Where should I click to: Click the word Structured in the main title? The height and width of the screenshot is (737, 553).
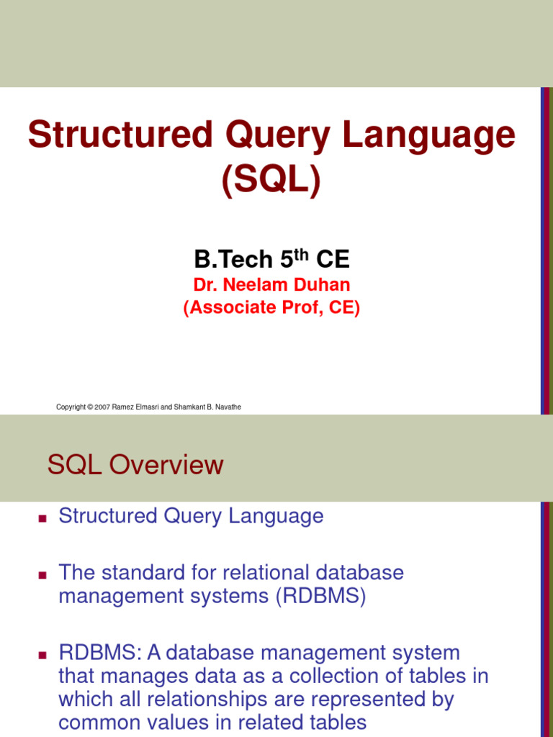click(x=120, y=135)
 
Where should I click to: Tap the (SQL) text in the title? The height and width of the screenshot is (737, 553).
click(x=271, y=181)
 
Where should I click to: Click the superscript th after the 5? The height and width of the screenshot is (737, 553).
click(x=301, y=255)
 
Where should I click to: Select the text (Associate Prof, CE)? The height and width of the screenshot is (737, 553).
click(x=271, y=307)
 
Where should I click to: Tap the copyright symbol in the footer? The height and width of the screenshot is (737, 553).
click(x=90, y=407)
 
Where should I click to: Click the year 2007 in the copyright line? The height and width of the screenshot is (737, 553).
click(x=102, y=407)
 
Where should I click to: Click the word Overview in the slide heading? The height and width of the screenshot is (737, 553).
click(x=166, y=465)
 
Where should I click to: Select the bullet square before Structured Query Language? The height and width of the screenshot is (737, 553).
click(x=42, y=518)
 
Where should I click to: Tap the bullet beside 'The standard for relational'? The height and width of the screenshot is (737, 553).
click(x=42, y=575)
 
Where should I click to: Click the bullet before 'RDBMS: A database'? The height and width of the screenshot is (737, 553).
click(x=42, y=655)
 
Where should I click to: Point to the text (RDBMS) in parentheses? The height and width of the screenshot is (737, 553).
click(x=320, y=596)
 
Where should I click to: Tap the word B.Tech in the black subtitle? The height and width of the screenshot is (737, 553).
click(x=233, y=259)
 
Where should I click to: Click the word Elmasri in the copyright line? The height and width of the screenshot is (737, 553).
click(x=146, y=407)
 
